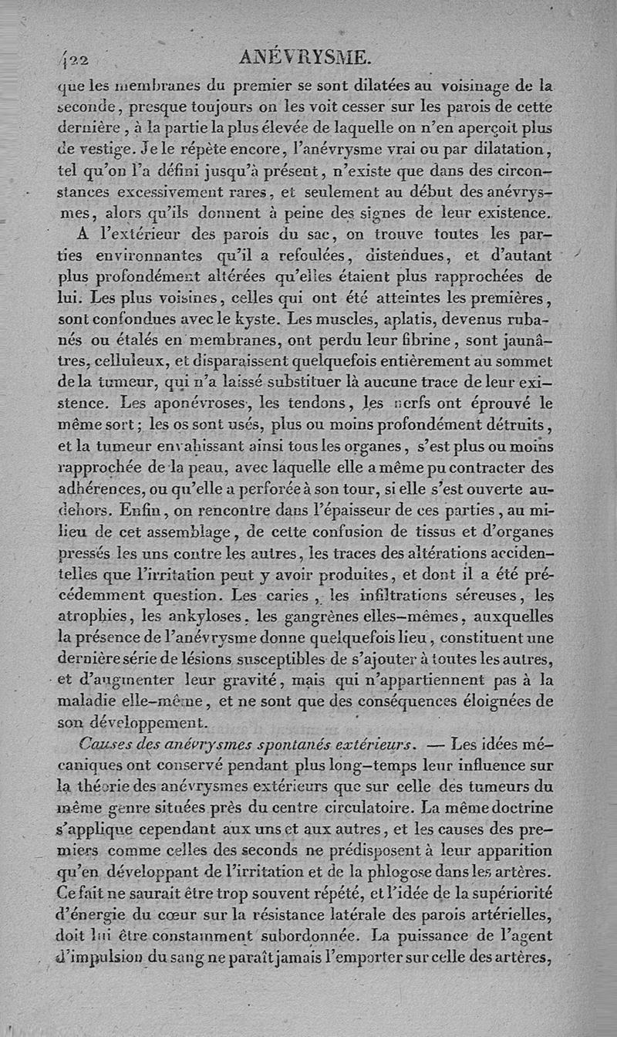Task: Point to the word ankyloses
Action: point(224,616)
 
